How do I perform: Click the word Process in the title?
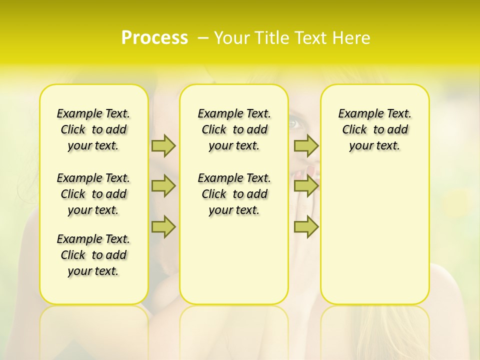pos(154,37)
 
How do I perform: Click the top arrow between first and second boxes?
pos(163,145)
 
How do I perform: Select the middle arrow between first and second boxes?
pos(163,186)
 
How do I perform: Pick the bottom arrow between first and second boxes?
pos(163,227)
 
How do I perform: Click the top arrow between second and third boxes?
pos(306,145)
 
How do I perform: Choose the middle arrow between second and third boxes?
pos(306,186)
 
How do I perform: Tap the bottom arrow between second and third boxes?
pos(306,227)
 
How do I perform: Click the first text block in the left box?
pos(93,129)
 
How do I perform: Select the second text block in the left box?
pos(93,194)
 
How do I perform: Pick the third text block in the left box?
pos(93,255)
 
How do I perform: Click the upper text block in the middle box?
pos(234,129)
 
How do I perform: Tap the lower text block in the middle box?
pos(234,194)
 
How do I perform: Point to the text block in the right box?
pos(374,129)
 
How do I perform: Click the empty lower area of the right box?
pos(374,235)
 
